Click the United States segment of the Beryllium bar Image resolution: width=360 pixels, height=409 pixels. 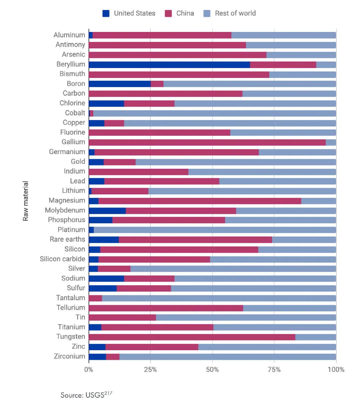(x=169, y=65)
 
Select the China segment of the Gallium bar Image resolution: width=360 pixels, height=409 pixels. (x=207, y=143)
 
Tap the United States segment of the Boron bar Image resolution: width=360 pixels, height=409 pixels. (x=120, y=84)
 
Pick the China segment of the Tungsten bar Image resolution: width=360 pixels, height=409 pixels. (x=192, y=337)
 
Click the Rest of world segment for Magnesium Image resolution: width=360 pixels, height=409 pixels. (x=318, y=201)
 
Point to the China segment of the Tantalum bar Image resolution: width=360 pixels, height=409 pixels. (x=95, y=298)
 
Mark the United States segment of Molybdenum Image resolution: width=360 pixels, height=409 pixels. (x=107, y=211)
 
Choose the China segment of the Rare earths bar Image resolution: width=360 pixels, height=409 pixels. (x=195, y=240)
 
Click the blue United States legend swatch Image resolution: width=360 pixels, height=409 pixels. (x=106, y=13)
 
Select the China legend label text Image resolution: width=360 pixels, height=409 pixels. (x=185, y=13)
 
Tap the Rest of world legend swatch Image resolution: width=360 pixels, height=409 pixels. (x=207, y=13)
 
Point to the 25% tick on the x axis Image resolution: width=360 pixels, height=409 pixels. (x=150, y=369)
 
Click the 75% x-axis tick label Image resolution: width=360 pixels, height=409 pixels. (x=274, y=369)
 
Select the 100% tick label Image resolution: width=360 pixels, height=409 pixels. (x=336, y=369)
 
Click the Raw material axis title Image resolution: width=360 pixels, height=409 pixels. (x=26, y=201)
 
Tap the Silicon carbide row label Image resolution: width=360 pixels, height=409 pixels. (x=62, y=259)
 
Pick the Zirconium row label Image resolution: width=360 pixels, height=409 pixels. (x=69, y=356)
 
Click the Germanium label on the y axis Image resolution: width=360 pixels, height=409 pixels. (x=67, y=152)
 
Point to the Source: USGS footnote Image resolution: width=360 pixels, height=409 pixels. (x=86, y=395)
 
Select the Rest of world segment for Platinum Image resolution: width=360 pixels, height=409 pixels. (x=215, y=230)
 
